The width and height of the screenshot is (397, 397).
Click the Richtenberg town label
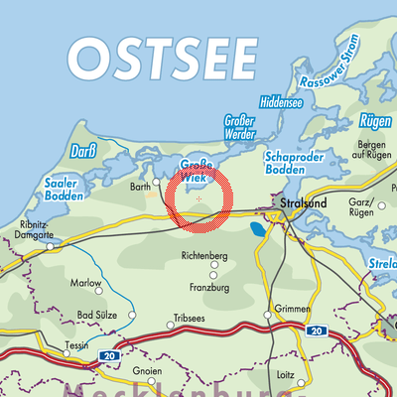click(205, 256)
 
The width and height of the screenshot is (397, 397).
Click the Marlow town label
click(86, 283)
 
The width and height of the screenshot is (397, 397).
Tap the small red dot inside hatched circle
click(199, 198)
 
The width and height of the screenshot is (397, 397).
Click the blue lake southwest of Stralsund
click(257, 229)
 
